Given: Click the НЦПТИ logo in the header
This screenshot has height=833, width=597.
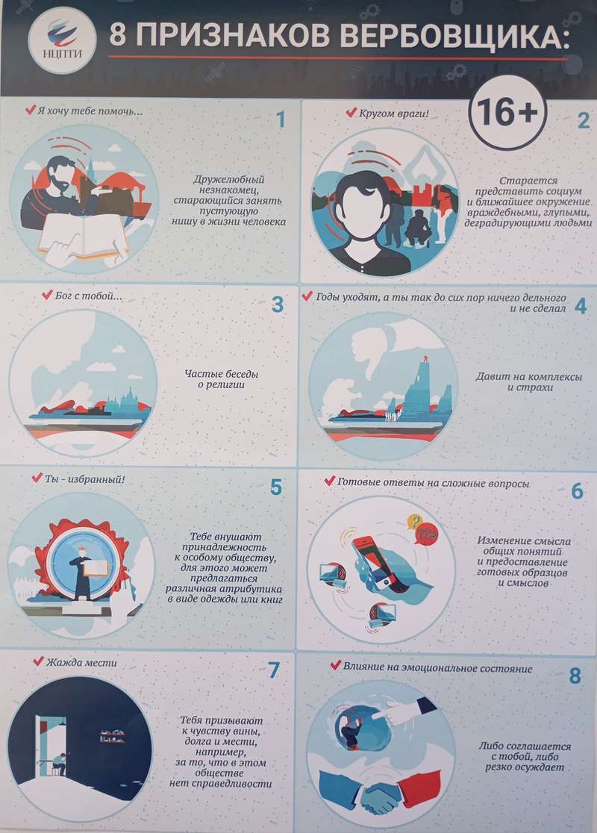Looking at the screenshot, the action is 62,40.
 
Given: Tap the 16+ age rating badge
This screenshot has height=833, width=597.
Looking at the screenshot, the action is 507,113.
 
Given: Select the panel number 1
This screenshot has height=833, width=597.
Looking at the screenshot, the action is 281,120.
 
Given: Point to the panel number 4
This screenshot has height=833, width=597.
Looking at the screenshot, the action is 581,306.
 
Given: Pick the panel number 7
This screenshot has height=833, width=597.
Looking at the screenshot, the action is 274,670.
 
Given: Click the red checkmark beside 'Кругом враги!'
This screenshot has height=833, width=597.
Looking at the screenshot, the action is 351,113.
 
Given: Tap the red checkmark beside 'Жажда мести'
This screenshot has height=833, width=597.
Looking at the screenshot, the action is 38,661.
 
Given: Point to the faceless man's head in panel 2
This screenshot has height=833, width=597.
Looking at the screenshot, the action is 362,205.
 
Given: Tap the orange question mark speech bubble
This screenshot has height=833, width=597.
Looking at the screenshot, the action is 415,522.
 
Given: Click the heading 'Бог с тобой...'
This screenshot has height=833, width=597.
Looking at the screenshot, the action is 89,296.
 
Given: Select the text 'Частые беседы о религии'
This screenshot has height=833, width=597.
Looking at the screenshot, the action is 222,379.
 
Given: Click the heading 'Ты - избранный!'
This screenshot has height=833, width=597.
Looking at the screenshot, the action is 84,478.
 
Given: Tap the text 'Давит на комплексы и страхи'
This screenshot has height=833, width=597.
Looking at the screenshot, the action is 529,382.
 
